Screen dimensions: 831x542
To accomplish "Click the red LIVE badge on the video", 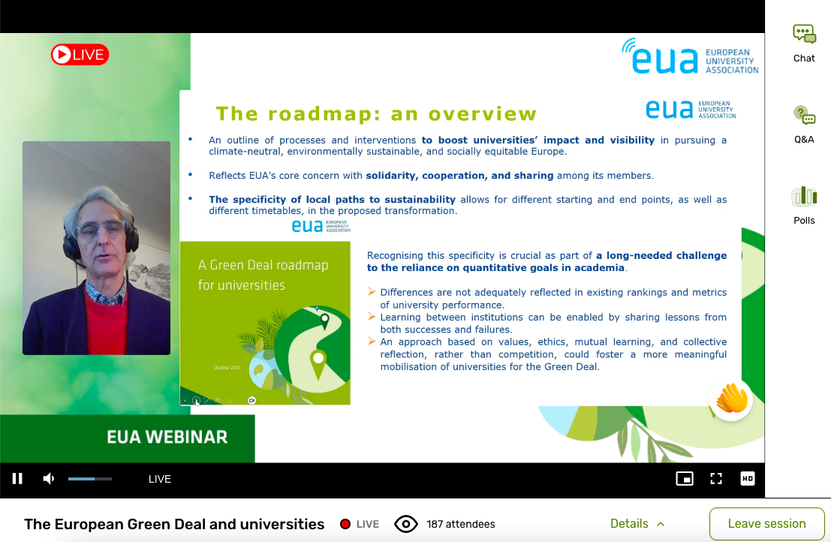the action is coord(80,55).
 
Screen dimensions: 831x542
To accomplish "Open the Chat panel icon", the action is coord(804,35).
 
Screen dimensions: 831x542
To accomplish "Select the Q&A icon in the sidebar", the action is coord(804,116).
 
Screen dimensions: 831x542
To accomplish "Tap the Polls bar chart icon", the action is coord(804,196).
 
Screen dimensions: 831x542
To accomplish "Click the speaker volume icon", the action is coord(48,479).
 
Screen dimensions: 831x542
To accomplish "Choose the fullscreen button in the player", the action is coord(716,479).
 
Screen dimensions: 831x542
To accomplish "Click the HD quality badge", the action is coord(747,479).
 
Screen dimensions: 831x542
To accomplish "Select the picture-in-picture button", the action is coord(685,479).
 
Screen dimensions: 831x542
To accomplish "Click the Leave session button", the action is coord(767,524).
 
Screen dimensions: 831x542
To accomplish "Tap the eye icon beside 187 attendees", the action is coord(406,525).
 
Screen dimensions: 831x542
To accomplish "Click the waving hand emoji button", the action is coord(731,399).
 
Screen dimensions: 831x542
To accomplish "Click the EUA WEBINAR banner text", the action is coord(167,437).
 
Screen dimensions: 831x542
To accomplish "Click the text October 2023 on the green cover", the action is coord(227,368).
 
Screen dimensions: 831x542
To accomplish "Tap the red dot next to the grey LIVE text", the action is coord(345,524).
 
